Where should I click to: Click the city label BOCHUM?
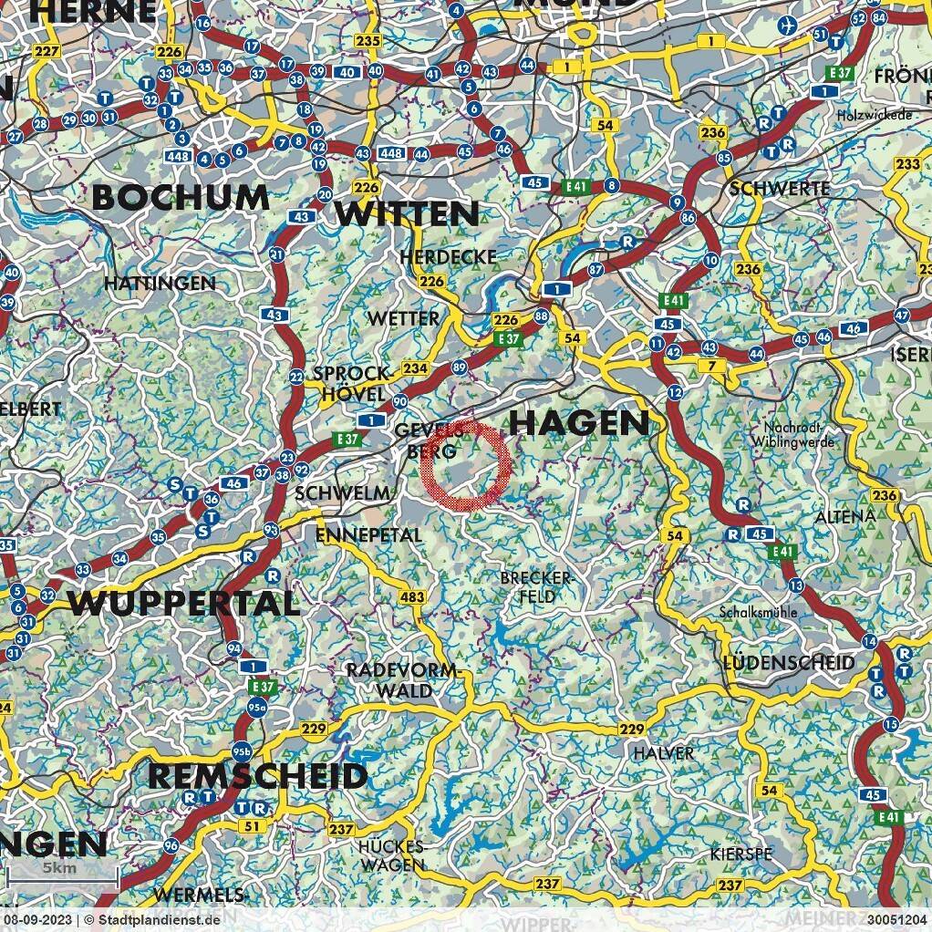pyautogui.click(x=181, y=197)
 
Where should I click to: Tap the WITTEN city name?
pyautogui.click(x=407, y=213)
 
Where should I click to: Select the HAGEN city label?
pyautogui.click(x=578, y=422)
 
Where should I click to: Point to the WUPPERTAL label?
pyautogui.click(x=183, y=603)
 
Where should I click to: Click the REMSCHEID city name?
pyautogui.click(x=257, y=776)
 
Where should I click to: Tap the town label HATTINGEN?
pyautogui.click(x=160, y=284)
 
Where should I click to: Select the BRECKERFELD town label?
pyautogui.click(x=537, y=586)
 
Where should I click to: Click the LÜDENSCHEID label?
pyautogui.click(x=789, y=662)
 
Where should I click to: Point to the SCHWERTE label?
pyautogui.click(x=780, y=188)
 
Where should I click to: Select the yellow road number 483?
pyautogui.click(x=412, y=596)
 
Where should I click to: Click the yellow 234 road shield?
pyautogui.click(x=414, y=368)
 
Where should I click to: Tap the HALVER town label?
pyautogui.click(x=664, y=753)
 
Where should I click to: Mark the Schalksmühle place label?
pyautogui.click(x=758, y=612)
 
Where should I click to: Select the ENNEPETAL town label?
pyautogui.click(x=368, y=534)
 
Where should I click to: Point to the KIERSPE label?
pyautogui.click(x=740, y=854)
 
